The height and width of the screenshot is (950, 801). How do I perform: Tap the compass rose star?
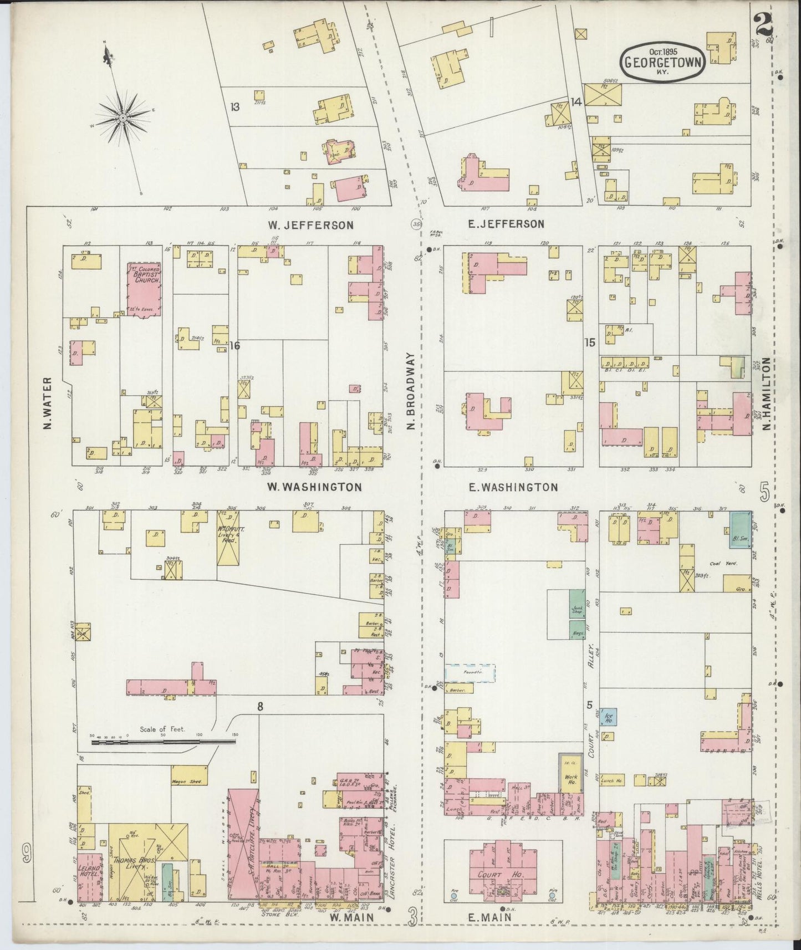pyautogui.click(x=122, y=118)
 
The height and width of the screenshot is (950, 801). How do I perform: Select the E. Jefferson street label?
pyautogui.click(x=504, y=224)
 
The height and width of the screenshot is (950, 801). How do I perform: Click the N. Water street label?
pyautogui.click(x=48, y=403)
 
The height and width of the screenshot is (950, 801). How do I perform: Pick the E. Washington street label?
pyautogui.click(x=510, y=487)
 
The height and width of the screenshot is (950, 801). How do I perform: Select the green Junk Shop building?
pyautogui.click(x=576, y=611)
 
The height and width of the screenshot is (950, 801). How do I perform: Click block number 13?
pyautogui.click(x=235, y=106)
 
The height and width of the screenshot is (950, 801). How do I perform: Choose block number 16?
pyautogui.click(x=234, y=346)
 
